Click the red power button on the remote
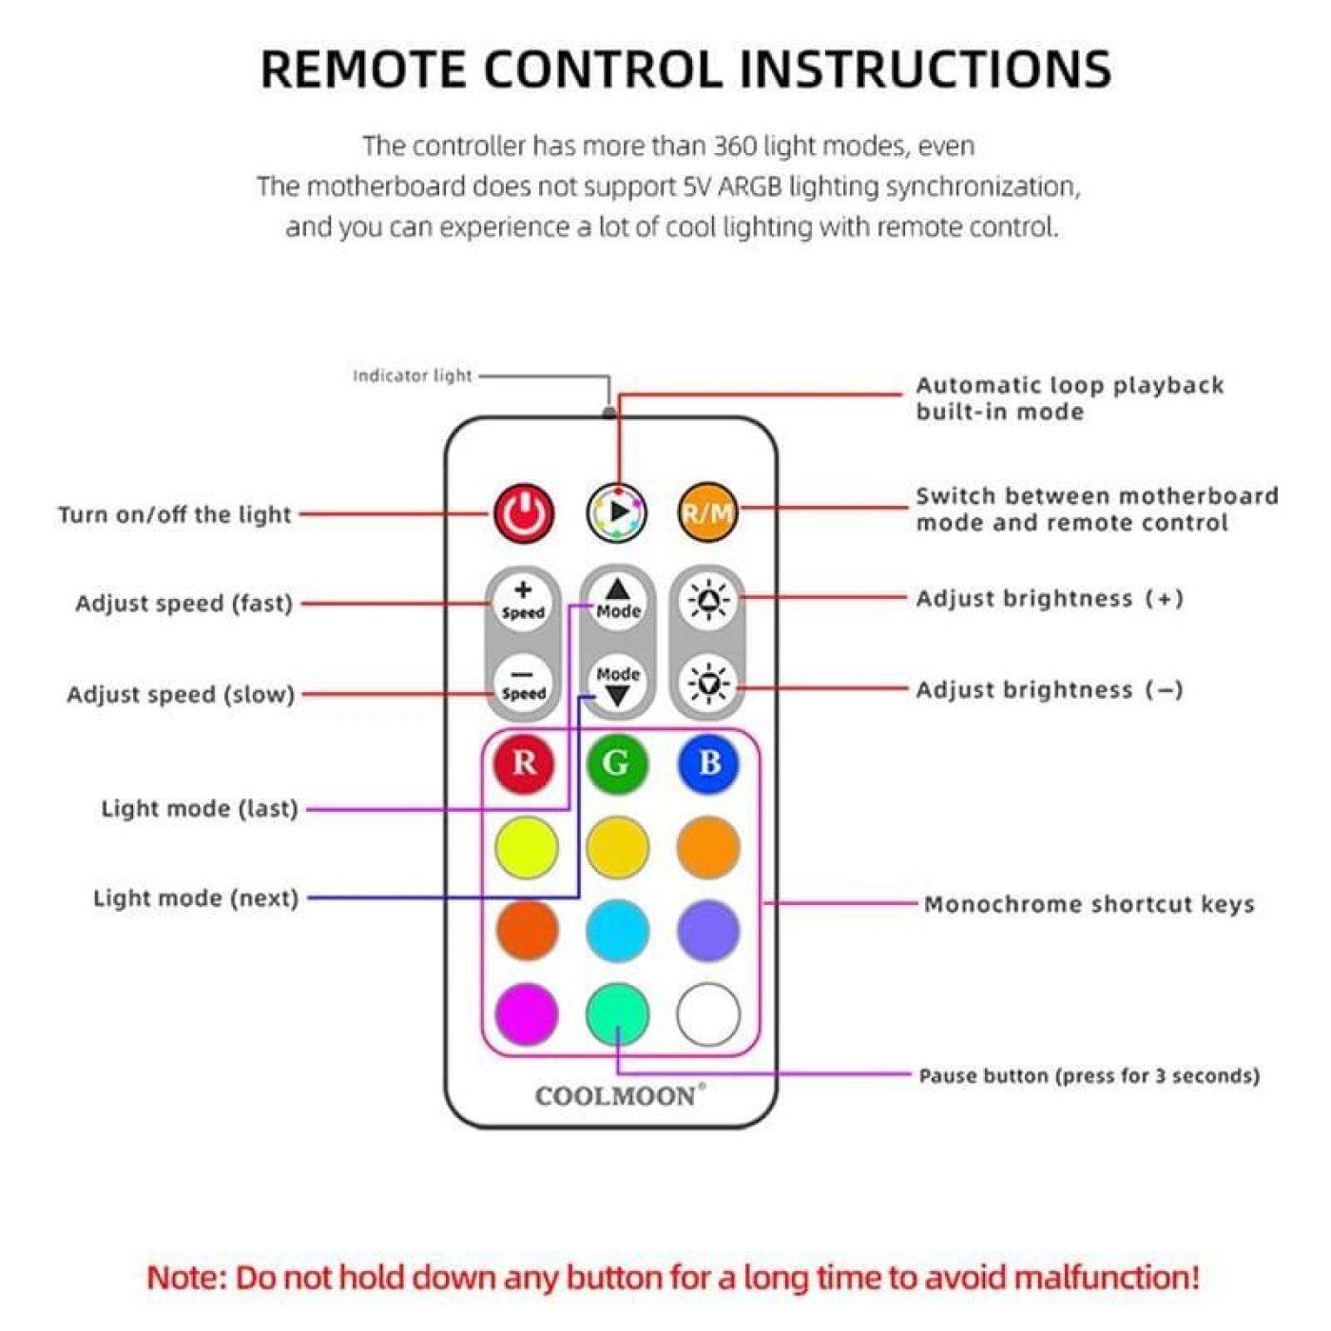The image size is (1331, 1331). tap(523, 513)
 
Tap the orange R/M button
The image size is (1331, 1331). tap(708, 513)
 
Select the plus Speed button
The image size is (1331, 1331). tap(523, 600)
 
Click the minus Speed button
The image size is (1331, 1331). tap(523, 682)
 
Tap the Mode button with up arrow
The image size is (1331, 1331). tap(618, 600)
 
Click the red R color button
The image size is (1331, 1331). tap(524, 763)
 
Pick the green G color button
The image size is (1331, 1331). tap(616, 763)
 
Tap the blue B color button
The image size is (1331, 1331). tap(708, 763)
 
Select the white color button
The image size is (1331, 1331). tap(708, 1013)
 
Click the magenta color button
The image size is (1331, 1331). tap(526, 1013)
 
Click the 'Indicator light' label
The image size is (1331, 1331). tap(412, 376)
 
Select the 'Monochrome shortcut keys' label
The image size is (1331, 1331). tap(1089, 904)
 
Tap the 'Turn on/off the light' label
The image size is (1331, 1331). tap(174, 514)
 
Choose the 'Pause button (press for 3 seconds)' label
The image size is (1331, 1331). tap(1089, 1076)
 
